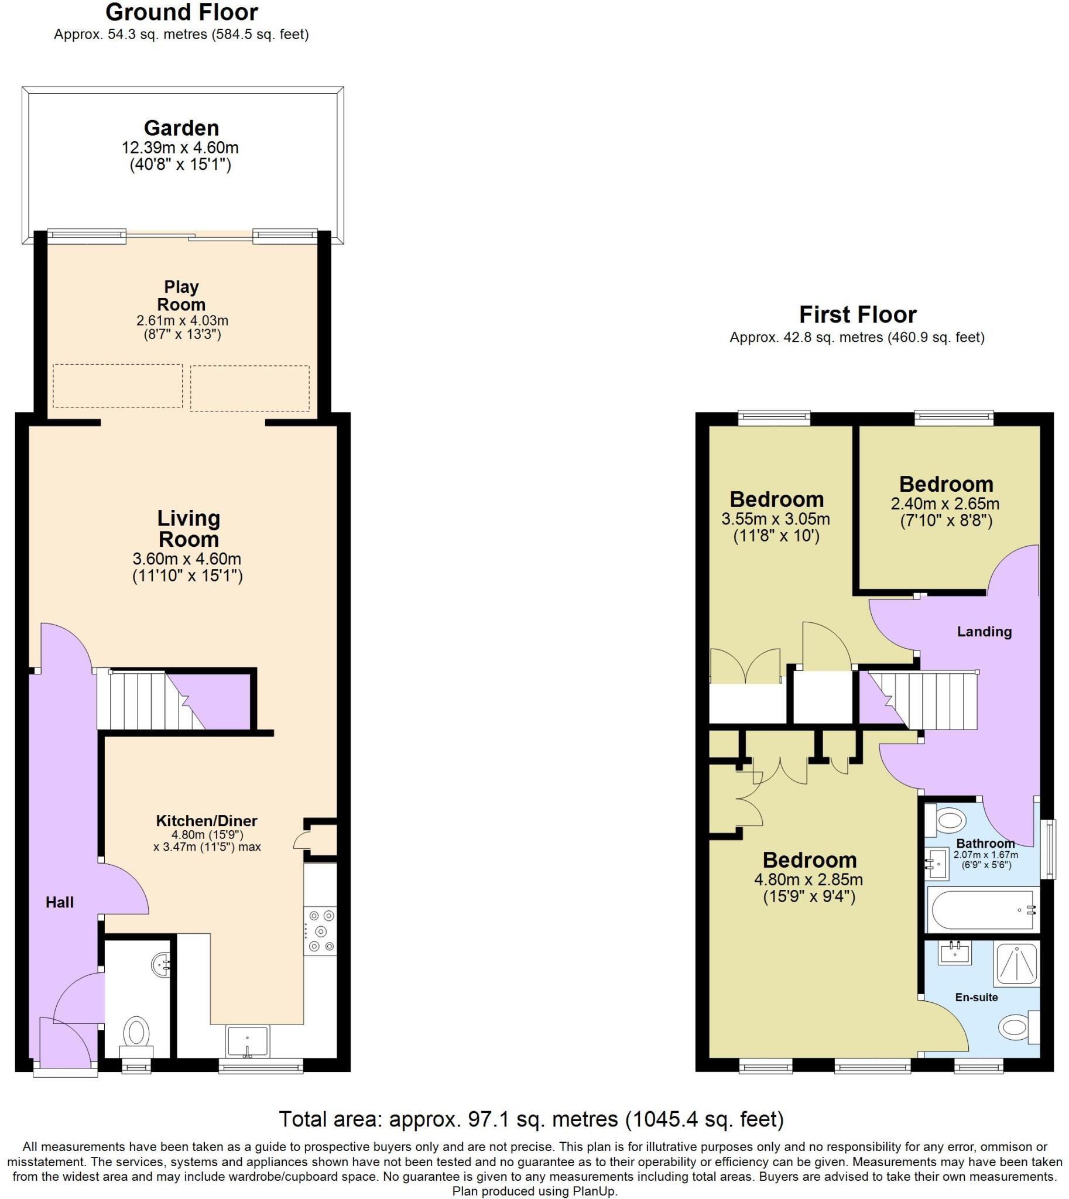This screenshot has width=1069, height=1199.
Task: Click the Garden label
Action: pyautogui.click(x=181, y=128)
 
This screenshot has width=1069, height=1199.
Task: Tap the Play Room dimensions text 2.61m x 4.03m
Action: pyautogui.click(x=182, y=321)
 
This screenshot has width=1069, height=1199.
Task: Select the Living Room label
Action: pyautogui.click(x=189, y=529)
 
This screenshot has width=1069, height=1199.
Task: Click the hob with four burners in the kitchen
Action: pyautogui.click(x=321, y=930)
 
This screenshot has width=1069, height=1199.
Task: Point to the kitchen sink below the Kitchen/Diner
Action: pyautogui.click(x=247, y=1041)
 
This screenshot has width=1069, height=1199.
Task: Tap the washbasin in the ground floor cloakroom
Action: pyautogui.click(x=162, y=965)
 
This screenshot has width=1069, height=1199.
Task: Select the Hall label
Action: pyautogui.click(x=60, y=902)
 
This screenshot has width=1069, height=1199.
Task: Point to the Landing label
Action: pyautogui.click(x=985, y=632)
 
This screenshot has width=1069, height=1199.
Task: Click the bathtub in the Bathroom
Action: pyautogui.click(x=982, y=910)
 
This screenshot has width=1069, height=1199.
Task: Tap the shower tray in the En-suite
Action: pyautogui.click(x=1016, y=964)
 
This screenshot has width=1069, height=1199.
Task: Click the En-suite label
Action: pyautogui.click(x=976, y=997)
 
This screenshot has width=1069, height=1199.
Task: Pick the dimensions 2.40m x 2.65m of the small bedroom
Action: pyautogui.click(x=945, y=504)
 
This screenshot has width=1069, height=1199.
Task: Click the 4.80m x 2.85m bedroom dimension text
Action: pyautogui.click(x=808, y=880)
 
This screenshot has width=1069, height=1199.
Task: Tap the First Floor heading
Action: pyautogui.click(x=858, y=315)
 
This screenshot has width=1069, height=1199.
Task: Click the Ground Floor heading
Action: pyautogui.click(x=181, y=12)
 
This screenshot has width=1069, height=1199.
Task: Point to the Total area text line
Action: pyautogui.click(x=531, y=1120)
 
